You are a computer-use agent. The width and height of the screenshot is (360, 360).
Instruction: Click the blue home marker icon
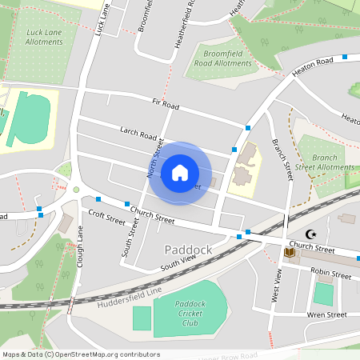(180, 173)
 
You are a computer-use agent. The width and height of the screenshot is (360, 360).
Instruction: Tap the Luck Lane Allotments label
(45, 38)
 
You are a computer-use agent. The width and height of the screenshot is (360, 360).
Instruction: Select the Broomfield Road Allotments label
(222, 58)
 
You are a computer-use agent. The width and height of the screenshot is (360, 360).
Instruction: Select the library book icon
(290, 254)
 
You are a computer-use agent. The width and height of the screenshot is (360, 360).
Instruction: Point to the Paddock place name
(188, 250)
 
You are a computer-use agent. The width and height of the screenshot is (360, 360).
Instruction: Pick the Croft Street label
(107, 216)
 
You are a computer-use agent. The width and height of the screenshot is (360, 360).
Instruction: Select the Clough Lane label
(81, 247)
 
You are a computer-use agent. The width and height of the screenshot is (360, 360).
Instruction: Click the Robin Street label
(331, 274)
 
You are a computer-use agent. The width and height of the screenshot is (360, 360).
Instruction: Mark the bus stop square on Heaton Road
(345, 57)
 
